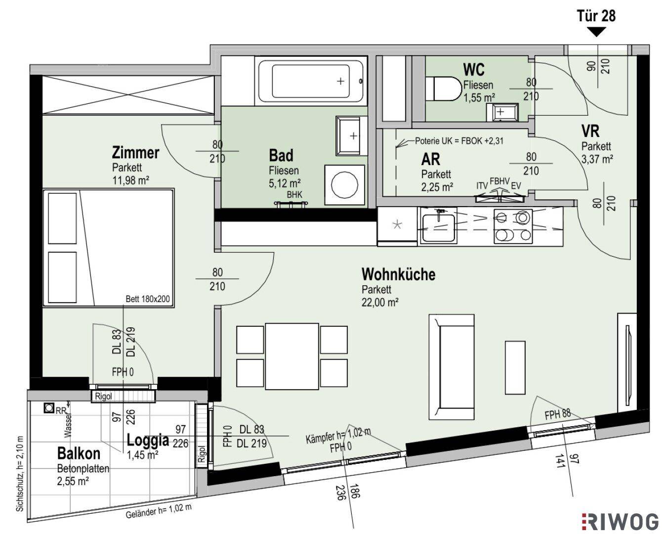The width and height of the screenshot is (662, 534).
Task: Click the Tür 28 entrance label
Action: [596, 16]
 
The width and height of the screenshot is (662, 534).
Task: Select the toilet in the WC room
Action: [444, 89]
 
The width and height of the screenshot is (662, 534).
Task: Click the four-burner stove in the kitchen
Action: [513, 226]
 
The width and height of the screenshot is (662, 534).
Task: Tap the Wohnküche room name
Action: [398, 274]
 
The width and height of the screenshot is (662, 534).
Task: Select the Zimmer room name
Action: [136, 153]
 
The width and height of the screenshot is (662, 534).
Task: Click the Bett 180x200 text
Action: [148, 299]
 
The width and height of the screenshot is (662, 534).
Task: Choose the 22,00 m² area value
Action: [380, 303]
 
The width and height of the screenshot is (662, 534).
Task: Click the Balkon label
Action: [79, 453]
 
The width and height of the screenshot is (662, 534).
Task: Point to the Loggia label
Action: [148, 440]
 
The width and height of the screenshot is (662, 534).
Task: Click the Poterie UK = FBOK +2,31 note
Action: [459, 141]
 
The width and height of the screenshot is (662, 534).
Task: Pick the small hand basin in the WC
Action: [502, 112]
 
